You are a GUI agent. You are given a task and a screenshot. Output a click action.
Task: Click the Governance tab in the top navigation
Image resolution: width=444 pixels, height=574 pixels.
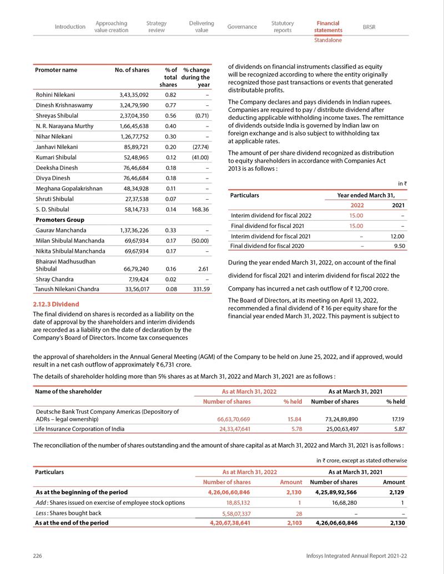coord(242,27)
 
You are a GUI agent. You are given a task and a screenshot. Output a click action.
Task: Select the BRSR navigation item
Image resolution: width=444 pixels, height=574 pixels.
coord(369,27)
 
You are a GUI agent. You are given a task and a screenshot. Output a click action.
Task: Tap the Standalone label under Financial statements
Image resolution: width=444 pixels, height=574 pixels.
coord(327,40)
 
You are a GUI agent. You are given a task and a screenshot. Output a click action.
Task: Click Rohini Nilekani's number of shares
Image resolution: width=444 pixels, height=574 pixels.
coord(134,95)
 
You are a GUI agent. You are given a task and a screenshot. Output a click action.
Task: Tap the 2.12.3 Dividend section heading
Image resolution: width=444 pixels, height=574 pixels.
coord(56,304)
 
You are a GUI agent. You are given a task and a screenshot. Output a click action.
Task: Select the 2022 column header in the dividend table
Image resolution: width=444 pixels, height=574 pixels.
coord(356,205)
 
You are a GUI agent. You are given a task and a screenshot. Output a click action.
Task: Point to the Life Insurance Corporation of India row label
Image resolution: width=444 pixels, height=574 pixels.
coord(80,429)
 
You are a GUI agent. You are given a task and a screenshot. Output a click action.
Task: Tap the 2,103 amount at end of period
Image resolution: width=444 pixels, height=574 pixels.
coord(294,522)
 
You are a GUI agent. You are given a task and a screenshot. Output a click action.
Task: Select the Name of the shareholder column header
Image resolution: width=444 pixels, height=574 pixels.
coord(68,392)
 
